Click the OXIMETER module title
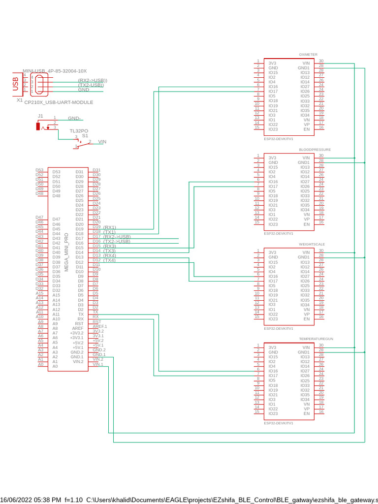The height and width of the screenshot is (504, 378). point(308,54)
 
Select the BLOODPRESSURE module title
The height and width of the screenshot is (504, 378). point(315,149)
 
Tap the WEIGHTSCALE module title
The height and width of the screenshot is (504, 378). point(312,244)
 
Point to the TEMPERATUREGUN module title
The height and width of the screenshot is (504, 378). point(316,339)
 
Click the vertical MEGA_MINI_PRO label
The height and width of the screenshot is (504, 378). point(66,253)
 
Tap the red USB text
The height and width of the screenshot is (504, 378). point(15,84)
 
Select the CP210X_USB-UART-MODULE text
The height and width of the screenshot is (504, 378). point(59,102)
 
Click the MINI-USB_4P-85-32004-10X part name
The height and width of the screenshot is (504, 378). point(55,71)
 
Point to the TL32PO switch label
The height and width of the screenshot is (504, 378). point(79,131)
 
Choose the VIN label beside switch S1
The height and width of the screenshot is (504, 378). point(102,142)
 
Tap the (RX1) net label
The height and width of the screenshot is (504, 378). point(109,227)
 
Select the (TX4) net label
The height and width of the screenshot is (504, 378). point(109,260)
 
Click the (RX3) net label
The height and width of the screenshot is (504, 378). point(109,246)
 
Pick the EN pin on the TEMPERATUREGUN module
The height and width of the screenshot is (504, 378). point(307,413)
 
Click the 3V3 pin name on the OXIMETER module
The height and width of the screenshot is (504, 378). point(272,63)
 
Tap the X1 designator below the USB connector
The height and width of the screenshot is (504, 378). point(20,100)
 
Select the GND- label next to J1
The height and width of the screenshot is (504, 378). point(74,119)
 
